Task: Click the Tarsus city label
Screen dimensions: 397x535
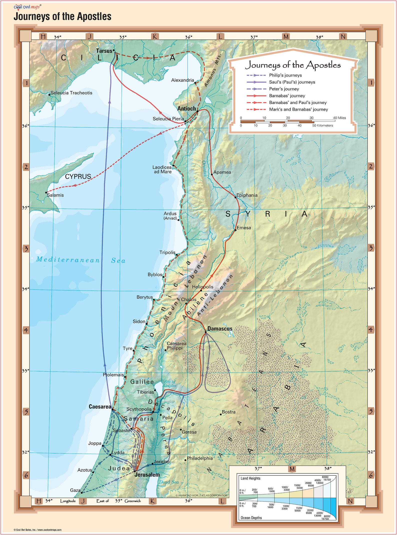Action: pyautogui.click(x=104, y=51)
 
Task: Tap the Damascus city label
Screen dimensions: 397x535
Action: pyautogui.click(x=220, y=329)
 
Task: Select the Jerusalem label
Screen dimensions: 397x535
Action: pyautogui.click(x=147, y=475)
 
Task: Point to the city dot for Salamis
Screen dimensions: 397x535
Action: pyautogui.click(x=46, y=192)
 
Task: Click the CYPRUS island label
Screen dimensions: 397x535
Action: pyautogui.click(x=78, y=176)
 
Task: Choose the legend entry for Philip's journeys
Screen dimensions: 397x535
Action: pyautogui.click(x=285, y=75)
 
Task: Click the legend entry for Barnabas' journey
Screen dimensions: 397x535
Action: pyautogui.click(x=287, y=96)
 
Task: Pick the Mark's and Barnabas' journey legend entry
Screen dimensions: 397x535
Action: pyautogui.click(x=298, y=109)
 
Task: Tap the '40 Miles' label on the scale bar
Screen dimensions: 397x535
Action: pyautogui.click(x=339, y=118)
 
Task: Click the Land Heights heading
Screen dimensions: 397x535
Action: pyautogui.click(x=250, y=478)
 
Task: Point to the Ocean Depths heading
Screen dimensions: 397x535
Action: pyautogui.click(x=251, y=518)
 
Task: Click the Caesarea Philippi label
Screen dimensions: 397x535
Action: pyautogui.click(x=176, y=346)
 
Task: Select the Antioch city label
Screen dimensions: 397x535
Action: pyautogui.click(x=186, y=109)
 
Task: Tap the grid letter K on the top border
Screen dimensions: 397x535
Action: pyautogui.click(x=155, y=37)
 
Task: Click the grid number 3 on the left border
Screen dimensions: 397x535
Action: pyautogui.click(x=26, y=249)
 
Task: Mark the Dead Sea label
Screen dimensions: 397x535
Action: pyautogui.click(x=169, y=482)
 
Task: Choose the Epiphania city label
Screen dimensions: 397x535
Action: pyautogui.click(x=247, y=195)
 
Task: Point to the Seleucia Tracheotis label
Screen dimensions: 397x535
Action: pyautogui.click(x=71, y=93)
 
